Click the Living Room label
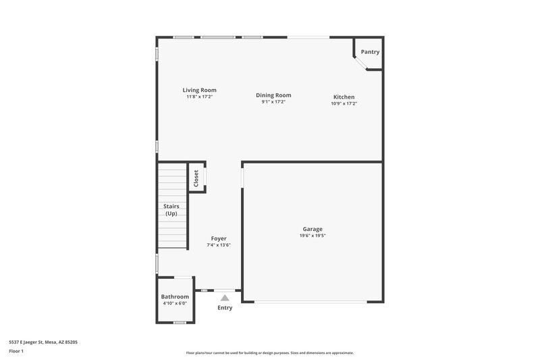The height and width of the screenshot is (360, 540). [199, 90]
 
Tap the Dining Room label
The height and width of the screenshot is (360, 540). [273, 95]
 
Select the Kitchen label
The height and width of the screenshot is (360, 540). [344, 97]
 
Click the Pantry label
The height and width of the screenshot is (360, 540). [370, 52]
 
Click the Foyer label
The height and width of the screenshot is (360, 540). [219, 238]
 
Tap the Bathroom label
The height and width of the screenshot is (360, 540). [175, 297]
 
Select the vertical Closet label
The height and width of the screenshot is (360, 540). [196, 178]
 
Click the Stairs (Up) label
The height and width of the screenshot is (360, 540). [171, 210]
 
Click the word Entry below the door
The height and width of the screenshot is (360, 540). [225, 308]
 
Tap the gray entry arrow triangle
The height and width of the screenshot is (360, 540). [225, 297]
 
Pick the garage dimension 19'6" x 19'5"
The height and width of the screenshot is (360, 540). [313, 236]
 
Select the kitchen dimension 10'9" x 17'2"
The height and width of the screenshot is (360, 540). [344, 103]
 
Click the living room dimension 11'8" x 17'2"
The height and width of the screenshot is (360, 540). [199, 97]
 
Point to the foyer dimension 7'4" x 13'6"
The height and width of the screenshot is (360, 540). [219, 245]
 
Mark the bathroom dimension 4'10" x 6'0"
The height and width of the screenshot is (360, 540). [175, 303]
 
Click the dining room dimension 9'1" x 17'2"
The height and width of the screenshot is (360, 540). [273, 102]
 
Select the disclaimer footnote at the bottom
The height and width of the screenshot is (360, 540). [270, 353]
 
